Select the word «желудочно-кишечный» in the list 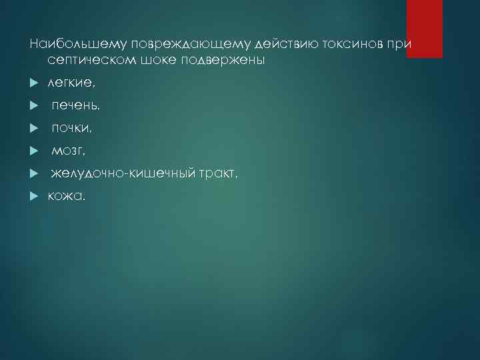pos(123,173)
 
